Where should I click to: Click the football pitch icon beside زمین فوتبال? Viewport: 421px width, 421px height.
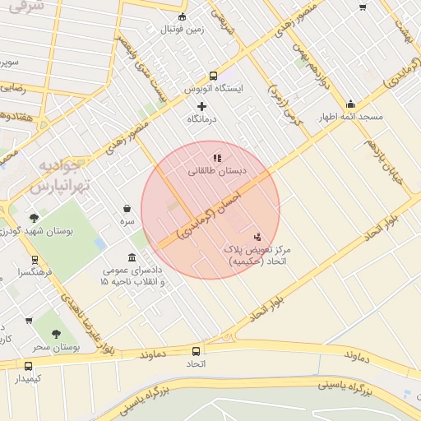182,16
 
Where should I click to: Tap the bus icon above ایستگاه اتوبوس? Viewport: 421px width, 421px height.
213,75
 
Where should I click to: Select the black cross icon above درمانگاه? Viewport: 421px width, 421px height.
202,106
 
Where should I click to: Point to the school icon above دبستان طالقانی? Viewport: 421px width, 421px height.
217,158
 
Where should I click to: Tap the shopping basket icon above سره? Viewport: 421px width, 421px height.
127,209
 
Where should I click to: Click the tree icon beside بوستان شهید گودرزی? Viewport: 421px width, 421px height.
34,218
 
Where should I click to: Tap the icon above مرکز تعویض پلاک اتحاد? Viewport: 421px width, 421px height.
258,236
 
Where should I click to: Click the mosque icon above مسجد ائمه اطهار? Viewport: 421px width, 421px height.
351,104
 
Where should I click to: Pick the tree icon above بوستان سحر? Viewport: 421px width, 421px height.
56,334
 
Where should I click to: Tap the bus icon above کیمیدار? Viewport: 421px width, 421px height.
29,366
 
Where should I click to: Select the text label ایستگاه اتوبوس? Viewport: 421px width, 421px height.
213,89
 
